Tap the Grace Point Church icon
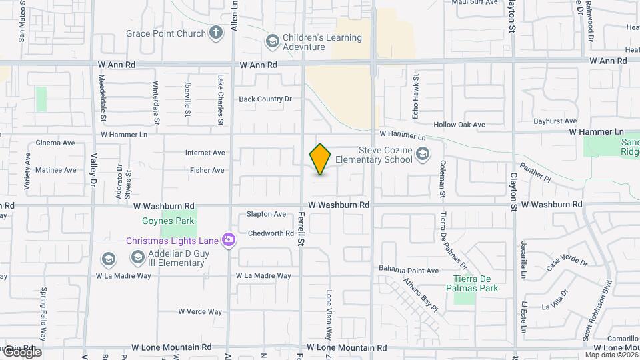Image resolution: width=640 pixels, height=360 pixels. click(x=215, y=33)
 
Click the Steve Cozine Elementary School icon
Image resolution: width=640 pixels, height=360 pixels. click(x=421, y=155)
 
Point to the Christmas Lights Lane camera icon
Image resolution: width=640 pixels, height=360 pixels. click(x=228, y=239)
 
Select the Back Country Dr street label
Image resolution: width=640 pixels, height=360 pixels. click(x=265, y=99)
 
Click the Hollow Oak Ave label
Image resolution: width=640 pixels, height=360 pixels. click(x=459, y=125)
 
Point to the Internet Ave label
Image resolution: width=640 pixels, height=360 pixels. click(x=205, y=153)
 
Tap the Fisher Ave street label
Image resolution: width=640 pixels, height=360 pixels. click(x=207, y=170)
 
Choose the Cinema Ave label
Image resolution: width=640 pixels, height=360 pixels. click(x=55, y=143)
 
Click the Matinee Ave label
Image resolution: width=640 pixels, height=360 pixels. click(x=55, y=170)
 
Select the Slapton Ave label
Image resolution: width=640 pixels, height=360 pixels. click(x=266, y=214)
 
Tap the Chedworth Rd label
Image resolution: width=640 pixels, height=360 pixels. click(x=270, y=233)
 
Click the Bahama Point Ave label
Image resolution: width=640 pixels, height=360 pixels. click(x=409, y=270)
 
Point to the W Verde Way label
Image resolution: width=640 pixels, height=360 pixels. click(x=200, y=311)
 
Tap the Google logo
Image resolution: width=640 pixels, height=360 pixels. click(x=21, y=352)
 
